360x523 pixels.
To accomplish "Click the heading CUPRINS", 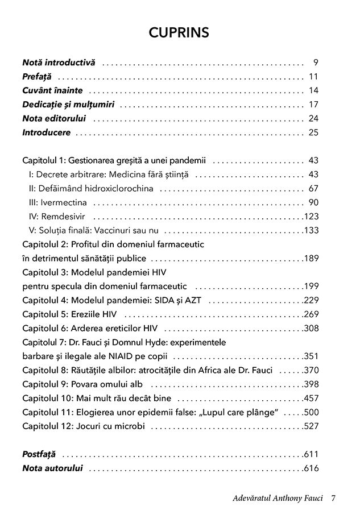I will pyautogui.click(x=179, y=33).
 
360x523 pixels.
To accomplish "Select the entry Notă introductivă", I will pyautogui.click(x=59, y=63).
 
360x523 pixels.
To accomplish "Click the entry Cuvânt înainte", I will pyautogui.click(x=52, y=90).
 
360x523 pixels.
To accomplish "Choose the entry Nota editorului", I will pyautogui.click(x=54, y=119).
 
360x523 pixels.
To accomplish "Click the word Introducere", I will pyautogui.click(x=47, y=132).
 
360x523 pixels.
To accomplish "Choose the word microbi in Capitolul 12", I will pyautogui.click(x=130, y=426).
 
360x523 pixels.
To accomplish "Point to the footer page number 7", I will pyautogui.click(x=334, y=498).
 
